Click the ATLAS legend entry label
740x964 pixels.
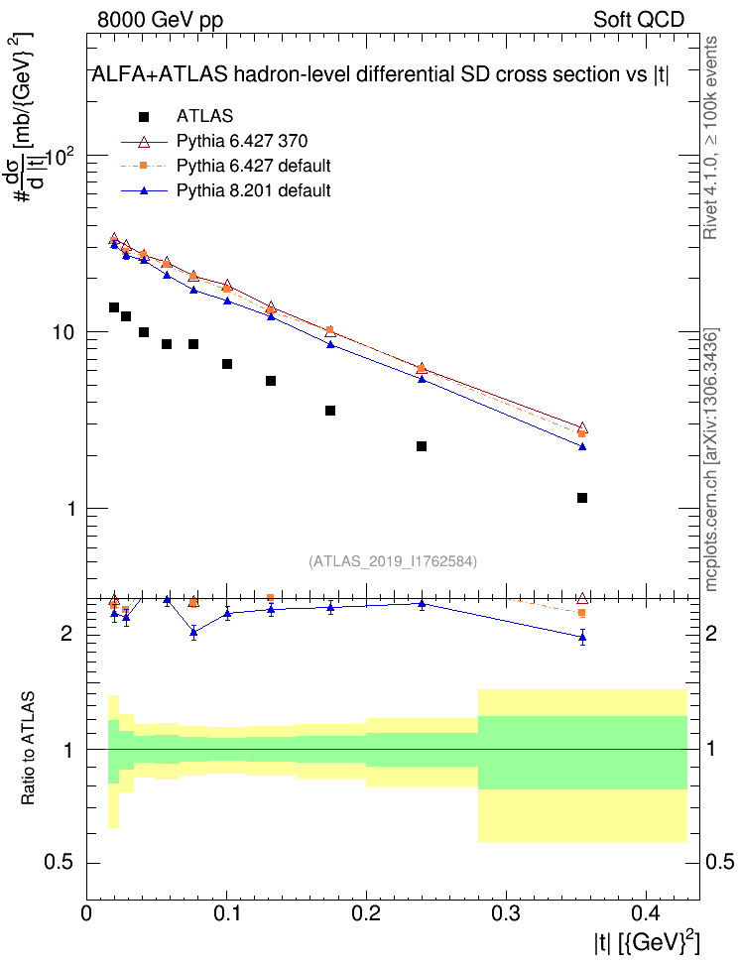point(204,116)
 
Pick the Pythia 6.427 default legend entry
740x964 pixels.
point(253,165)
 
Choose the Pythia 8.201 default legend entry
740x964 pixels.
point(253,189)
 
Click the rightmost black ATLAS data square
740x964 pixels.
point(582,498)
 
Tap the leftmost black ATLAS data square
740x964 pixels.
point(114,307)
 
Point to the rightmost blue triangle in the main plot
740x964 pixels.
point(582,446)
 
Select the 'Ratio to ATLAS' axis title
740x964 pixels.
point(29,747)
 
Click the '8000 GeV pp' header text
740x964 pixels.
point(161,20)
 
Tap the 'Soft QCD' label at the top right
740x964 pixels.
point(639,20)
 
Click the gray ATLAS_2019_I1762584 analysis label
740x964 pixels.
point(394,561)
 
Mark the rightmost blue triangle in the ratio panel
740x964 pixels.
point(582,637)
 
